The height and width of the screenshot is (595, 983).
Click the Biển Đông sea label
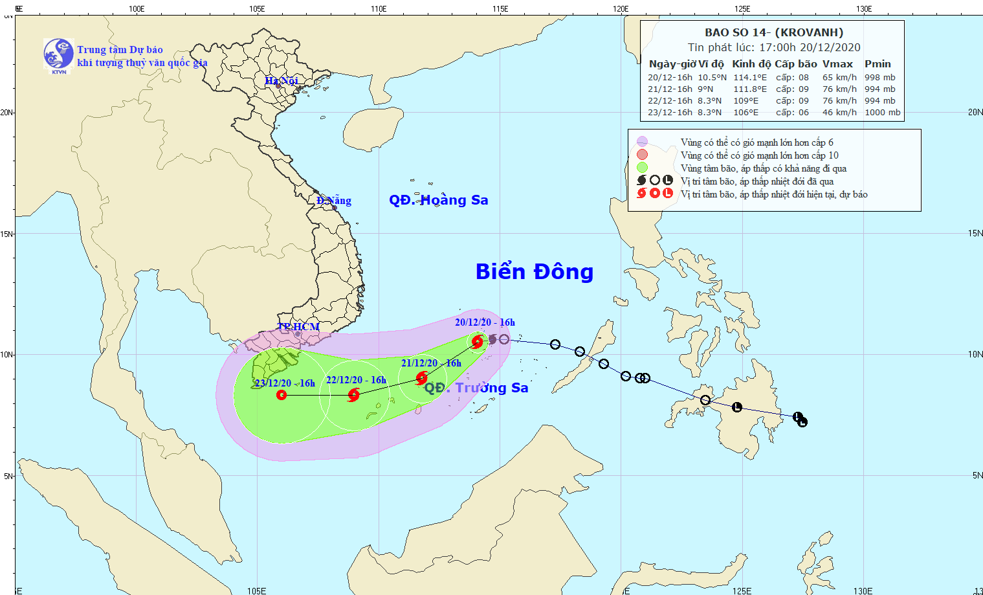[x=534, y=272]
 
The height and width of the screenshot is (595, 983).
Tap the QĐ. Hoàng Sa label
[x=438, y=200]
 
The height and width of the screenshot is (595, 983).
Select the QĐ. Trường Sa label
[x=476, y=388]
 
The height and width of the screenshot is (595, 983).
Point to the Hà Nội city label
[x=282, y=81]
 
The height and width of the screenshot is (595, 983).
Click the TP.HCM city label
[x=298, y=327]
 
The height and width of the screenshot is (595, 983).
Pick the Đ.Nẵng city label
[x=334, y=201]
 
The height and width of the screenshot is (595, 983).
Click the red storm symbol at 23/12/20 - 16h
[x=282, y=394]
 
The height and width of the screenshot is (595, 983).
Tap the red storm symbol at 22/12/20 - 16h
[x=353, y=394]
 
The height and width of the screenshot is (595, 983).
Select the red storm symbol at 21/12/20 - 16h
[x=422, y=377]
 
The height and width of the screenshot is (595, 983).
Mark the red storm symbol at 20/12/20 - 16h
[x=478, y=341]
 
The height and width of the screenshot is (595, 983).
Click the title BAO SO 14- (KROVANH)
[x=774, y=32]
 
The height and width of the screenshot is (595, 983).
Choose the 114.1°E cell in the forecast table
[x=749, y=78]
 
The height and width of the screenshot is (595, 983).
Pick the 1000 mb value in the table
[x=882, y=113]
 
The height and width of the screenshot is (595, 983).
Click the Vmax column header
[x=837, y=64]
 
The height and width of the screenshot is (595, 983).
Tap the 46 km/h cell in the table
[x=839, y=113]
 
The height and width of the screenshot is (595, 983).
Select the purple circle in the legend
[x=642, y=142]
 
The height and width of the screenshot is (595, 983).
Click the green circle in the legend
[x=642, y=168]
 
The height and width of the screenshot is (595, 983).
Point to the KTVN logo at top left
[x=58, y=54]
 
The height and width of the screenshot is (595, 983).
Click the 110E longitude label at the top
[x=379, y=8]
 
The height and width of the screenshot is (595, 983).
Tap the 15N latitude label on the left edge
[x=6, y=234]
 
